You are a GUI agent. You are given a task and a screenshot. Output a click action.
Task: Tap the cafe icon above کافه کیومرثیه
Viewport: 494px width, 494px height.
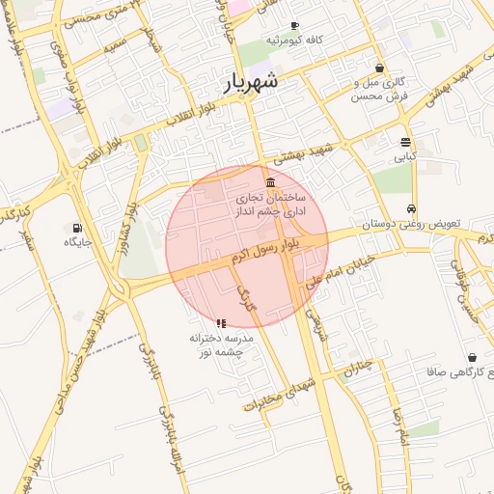click(x=294, y=25)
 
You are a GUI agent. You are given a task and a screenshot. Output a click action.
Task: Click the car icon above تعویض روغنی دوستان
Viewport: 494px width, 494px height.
click(x=412, y=208)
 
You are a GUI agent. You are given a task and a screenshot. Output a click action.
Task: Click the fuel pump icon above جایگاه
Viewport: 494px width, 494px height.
click(x=77, y=228)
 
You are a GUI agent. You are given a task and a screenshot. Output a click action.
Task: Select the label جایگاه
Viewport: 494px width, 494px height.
click(x=77, y=242)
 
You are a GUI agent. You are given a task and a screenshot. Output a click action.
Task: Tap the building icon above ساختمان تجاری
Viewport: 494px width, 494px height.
click(x=270, y=183)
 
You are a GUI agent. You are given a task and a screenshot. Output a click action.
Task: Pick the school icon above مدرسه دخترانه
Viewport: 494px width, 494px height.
click(x=220, y=323)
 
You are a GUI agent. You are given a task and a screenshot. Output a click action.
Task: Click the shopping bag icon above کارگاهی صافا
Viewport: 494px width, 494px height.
click(x=472, y=357)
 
